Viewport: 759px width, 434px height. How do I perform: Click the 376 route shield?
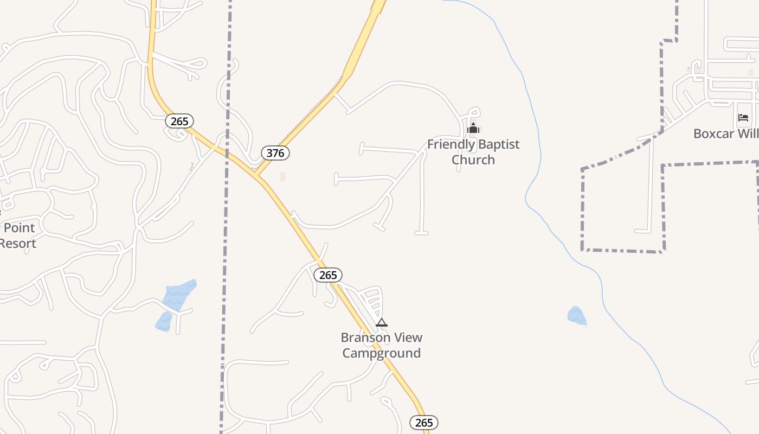275,153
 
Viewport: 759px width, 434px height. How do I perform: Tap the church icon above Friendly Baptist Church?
473,129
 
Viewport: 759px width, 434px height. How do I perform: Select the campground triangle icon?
382,322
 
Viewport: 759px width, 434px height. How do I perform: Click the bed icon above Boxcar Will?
743,118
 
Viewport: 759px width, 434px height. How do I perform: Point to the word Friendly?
449,144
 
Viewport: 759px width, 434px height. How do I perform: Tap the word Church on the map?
473,159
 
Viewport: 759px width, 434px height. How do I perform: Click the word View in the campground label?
409,337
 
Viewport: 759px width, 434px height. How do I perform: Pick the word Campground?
382,353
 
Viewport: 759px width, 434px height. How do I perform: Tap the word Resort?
18,243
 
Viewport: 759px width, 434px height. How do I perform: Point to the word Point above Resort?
20,228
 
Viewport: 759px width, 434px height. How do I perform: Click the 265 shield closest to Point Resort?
179,121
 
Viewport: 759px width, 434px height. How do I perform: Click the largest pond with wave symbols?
179,295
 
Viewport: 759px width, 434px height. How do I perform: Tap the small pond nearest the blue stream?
577,316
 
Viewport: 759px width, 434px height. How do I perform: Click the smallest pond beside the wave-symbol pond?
164,322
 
